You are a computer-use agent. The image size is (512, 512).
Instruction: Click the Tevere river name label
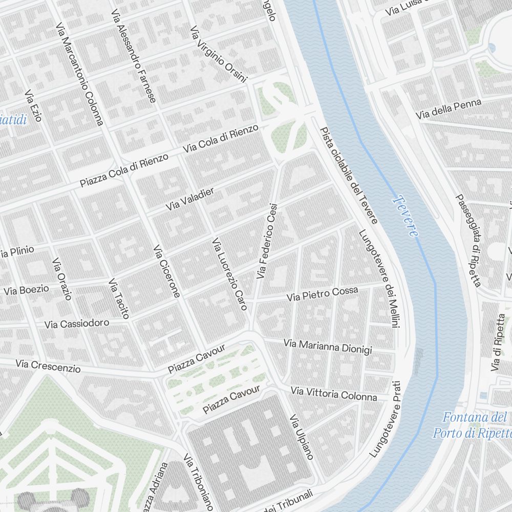pyautogui.click(x=407, y=217)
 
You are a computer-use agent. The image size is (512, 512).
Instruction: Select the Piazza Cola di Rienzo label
pyautogui.click(x=124, y=170)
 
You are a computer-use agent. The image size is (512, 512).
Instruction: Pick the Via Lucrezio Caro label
pyautogui.click(x=230, y=274)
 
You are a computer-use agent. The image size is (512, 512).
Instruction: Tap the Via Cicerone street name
pyautogui.click(x=167, y=271)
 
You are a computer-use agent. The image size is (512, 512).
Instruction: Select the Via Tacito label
pyautogui.click(x=119, y=298)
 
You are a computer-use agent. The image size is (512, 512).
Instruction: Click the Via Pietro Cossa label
pyautogui.click(x=322, y=294)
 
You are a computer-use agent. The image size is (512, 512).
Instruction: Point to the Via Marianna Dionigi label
pyautogui.click(x=328, y=346)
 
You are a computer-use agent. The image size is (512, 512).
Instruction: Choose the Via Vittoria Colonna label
pyautogui.click(x=333, y=394)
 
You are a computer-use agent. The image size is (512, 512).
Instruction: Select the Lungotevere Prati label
pyautogui.click(x=385, y=418)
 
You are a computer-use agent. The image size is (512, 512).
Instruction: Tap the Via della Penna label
pyautogui.click(x=449, y=110)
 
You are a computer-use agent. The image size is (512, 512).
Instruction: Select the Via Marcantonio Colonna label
pyautogui.click(x=80, y=73)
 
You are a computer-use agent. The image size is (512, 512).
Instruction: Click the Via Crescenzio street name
pyautogui.click(x=48, y=365)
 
